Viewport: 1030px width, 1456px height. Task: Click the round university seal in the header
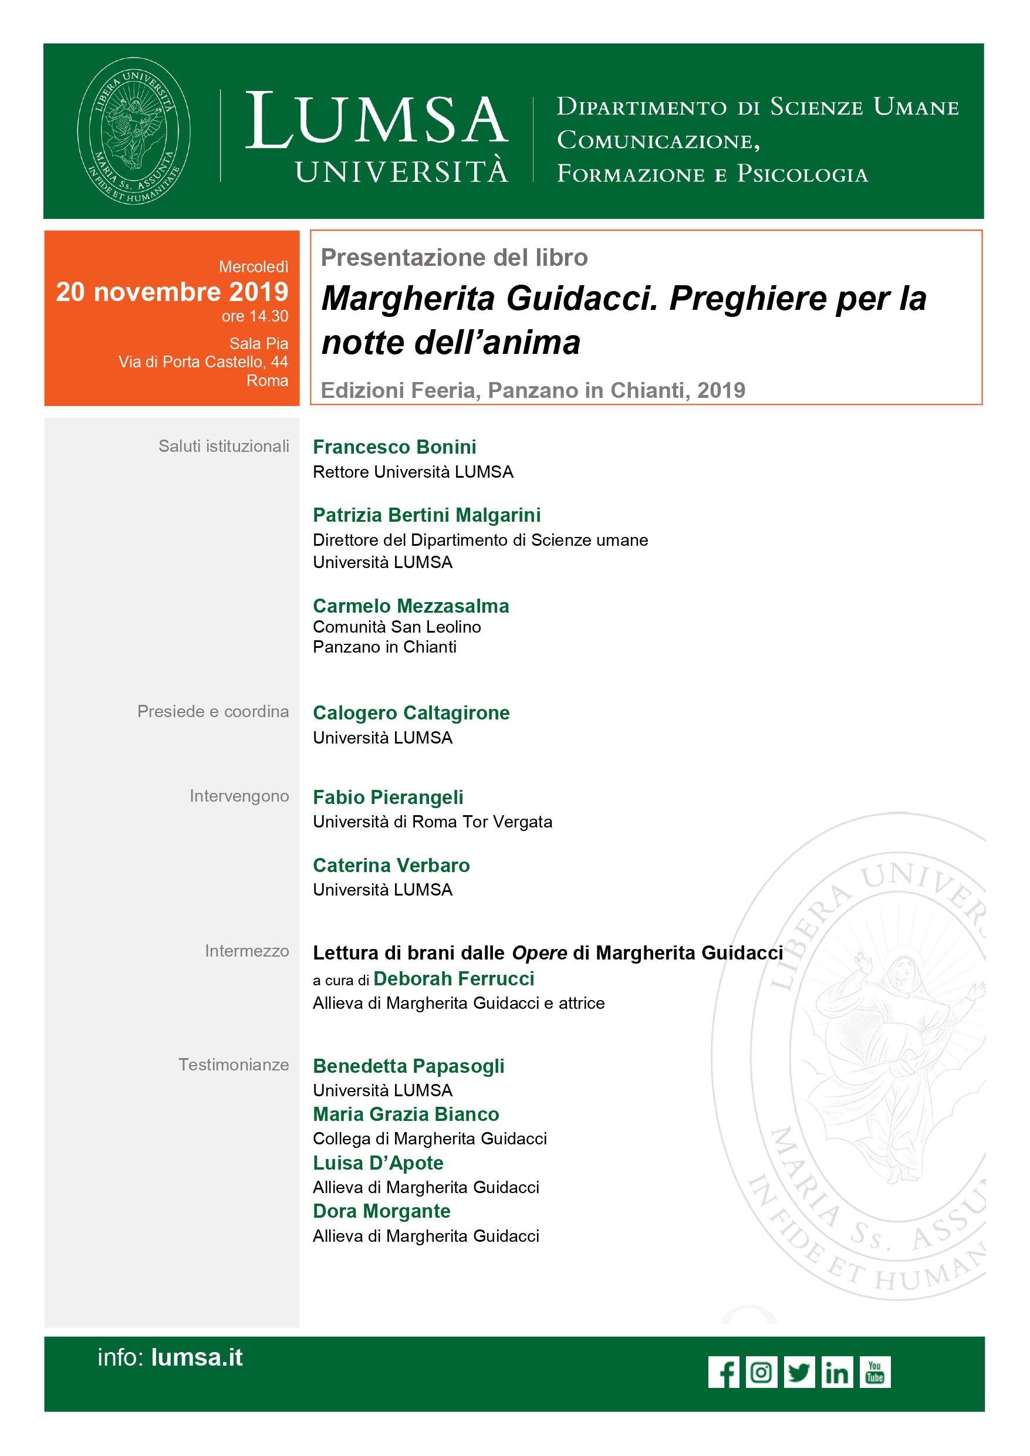pos(134,131)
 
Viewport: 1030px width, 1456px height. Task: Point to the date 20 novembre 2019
pos(172,292)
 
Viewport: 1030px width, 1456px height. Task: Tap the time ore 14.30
pos(254,316)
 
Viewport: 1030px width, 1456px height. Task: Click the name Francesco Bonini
pos(394,447)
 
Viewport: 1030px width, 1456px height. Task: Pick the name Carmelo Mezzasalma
pos(411,606)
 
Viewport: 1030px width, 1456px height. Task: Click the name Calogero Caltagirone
pos(411,713)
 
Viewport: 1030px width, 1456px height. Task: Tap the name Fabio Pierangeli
pos(388,797)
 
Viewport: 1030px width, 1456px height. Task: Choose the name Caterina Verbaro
pos(391,865)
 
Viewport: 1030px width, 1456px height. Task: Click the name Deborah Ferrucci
pos(454,978)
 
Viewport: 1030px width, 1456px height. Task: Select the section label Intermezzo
pos(246,951)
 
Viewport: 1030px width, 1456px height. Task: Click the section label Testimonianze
pos(234,1065)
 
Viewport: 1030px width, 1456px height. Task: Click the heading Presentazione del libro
pos(454,258)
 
